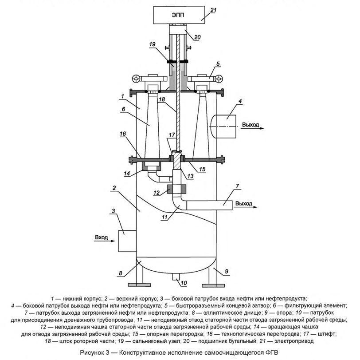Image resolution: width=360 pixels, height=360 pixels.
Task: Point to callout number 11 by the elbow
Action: click(x=166, y=218)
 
